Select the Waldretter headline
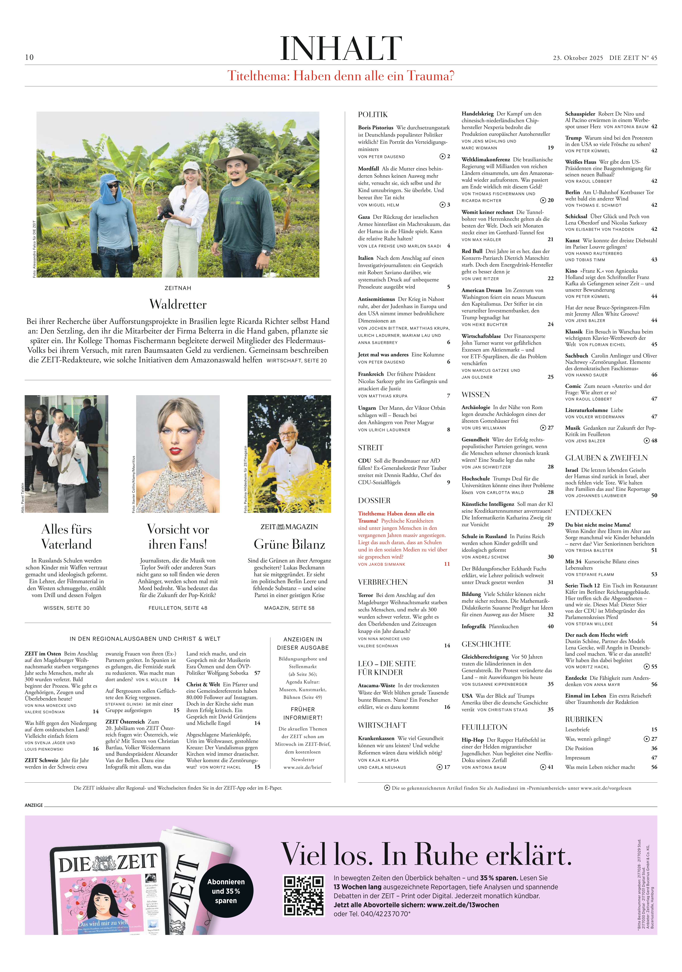pos(178,304)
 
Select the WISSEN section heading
pos(475,395)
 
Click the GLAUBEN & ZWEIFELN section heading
pos(597,458)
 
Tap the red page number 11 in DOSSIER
pos(447,564)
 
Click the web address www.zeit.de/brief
pos(303,767)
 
